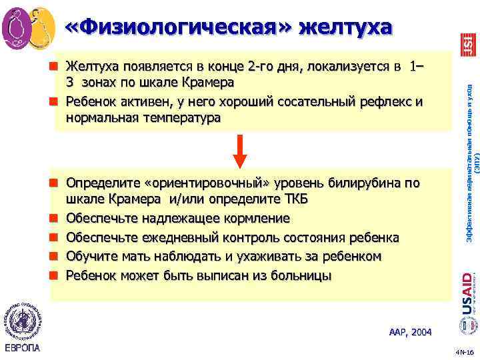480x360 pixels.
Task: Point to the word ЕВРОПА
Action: (x=22, y=348)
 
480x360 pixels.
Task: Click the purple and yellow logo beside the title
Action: (x=29, y=26)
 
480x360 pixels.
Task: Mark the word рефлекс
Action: (x=382, y=101)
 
